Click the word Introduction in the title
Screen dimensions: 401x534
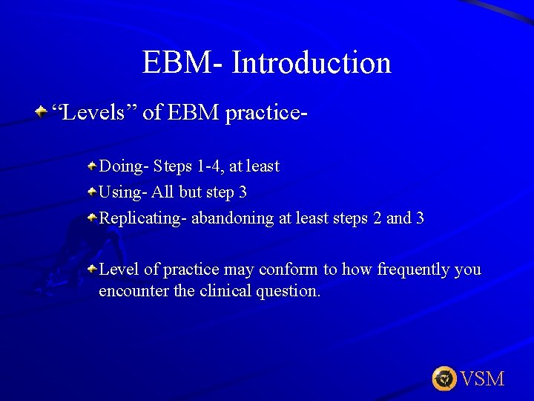(311, 62)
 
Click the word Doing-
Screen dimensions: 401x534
(124, 166)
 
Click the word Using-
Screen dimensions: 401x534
(123, 192)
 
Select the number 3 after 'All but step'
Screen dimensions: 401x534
(243, 192)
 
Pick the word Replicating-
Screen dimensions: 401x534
(143, 218)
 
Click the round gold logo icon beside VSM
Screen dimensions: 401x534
(444, 379)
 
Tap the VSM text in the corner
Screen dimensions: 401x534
(482, 379)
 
